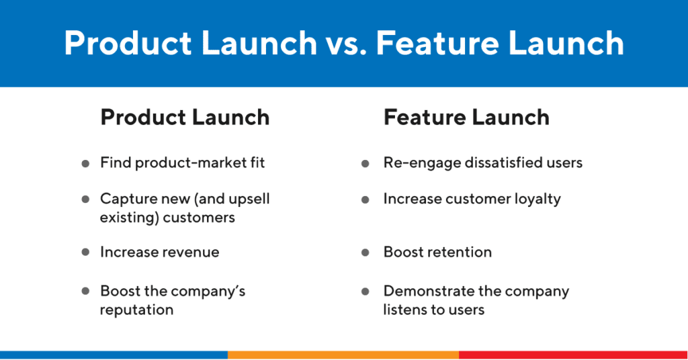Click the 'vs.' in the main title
coord(345,44)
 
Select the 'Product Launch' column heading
coord(185,118)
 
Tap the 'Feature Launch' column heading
coord(466,118)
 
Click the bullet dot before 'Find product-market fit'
coord(85,163)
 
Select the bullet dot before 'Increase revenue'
coord(85,253)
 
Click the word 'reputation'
coord(136,310)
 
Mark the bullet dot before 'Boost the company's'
coord(85,291)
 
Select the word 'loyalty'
coord(537,199)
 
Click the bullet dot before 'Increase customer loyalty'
coord(365,199)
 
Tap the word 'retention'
coord(461,253)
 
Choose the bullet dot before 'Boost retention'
coord(365,253)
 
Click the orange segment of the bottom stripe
coord(343,355)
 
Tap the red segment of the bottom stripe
coord(573,355)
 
